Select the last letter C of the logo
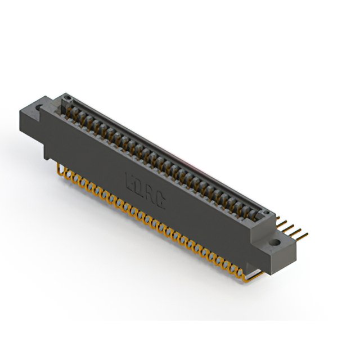click(161, 201)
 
